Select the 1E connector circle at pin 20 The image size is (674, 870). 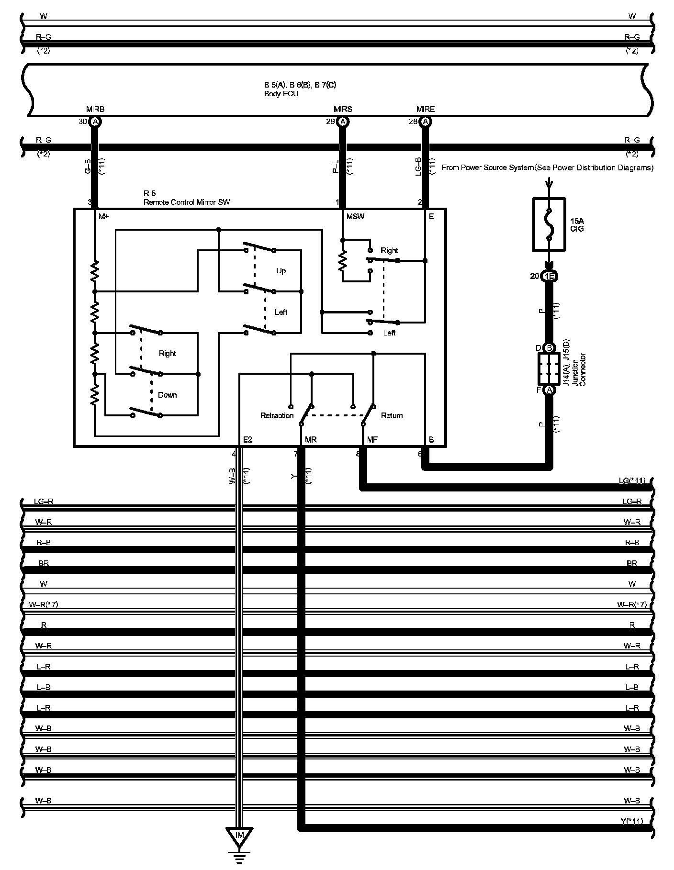(550, 276)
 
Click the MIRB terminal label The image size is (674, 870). (95, 109)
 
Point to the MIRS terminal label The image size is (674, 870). (343, 109)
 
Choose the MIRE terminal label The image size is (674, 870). (426, 109)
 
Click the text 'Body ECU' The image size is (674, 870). (281, 94)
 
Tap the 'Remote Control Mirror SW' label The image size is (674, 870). (187, 202)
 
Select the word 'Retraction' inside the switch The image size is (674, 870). (277, 415)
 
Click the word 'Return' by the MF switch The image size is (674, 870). (392, 415)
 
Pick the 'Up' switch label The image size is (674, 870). (281, 271)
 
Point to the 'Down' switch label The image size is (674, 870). (168, 395)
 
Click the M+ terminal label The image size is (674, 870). (104, 216)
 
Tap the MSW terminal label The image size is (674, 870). (355, 216)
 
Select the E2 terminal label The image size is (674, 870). (247, 439)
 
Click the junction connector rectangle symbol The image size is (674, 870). (549, 369)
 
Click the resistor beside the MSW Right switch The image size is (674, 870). (343, 261)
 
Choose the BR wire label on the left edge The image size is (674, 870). (44, 563)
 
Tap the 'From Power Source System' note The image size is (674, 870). (547, 167)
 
